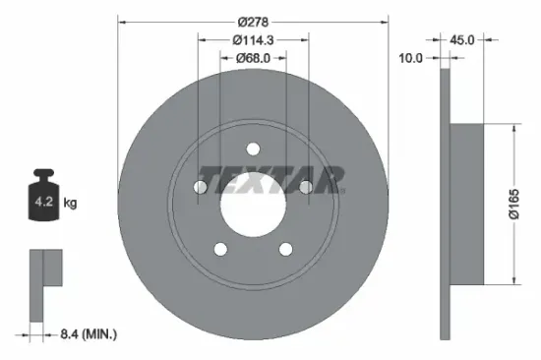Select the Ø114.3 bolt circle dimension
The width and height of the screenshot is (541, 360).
point(253,39)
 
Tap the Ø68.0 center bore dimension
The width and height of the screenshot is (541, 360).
point(253,59)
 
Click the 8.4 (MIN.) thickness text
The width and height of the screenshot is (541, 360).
point(86,335)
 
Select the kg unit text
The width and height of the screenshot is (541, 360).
point(70,204)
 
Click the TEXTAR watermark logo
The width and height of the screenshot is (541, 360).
point(270,180)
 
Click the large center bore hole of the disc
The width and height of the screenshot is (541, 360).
point(252,204)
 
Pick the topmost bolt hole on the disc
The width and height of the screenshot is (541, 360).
point(252,150)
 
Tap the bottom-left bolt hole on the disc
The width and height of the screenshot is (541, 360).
point(219,249)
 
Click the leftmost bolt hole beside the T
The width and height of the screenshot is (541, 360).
point(200,187)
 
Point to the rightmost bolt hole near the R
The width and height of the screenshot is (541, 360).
point(305,187)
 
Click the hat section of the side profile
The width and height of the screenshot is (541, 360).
point(467,204)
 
